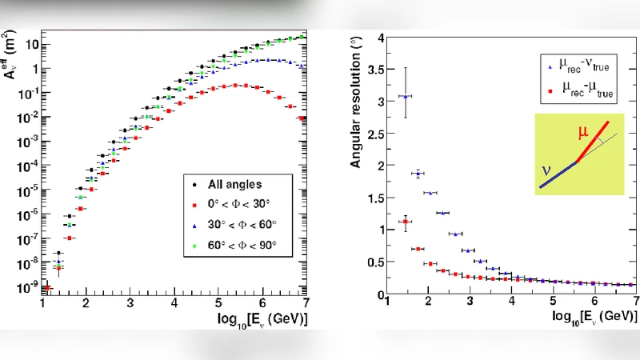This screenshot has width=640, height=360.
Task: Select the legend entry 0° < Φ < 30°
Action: [233, 204]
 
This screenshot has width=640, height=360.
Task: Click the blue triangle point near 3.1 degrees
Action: [406, 97]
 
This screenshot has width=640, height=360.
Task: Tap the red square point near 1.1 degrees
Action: [406, 222]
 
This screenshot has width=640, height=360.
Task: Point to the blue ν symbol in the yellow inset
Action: [546, 170]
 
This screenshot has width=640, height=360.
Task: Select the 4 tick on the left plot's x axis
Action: [175, 303]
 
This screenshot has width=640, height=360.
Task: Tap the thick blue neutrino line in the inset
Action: [558, 174]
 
